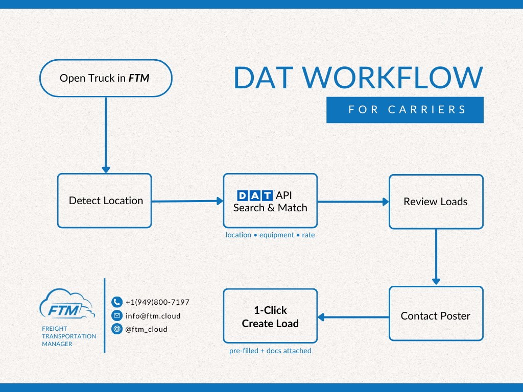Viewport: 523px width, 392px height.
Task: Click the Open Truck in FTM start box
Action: click(x=106, y=78)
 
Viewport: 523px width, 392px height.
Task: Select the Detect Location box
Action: click(x=105, y=201)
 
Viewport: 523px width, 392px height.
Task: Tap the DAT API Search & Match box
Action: click(x=270, y=201)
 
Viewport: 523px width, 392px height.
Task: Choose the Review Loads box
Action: click(x=436, y=202)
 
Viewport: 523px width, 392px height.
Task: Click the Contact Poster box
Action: click(x=436, y=316)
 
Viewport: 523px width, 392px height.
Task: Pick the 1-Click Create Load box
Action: click(x=270, y=316)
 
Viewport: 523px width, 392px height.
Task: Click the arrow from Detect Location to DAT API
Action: click(x=187, y=201)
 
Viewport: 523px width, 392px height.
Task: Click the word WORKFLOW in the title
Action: click(x=395, y=78)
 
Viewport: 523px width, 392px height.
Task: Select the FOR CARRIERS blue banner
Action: click(x=405, y=110)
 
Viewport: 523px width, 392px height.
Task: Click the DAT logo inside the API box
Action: click(x=255, y=195)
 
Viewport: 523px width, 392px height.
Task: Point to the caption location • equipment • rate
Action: click(x=270, y=235)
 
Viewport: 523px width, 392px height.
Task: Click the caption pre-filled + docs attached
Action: click(x=270, y=351)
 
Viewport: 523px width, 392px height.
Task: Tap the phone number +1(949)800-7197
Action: click(x=157, y=302)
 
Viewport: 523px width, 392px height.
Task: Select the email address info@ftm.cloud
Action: click(x=153, y=315)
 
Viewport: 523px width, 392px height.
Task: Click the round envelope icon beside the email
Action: click(x=117, y=315)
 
